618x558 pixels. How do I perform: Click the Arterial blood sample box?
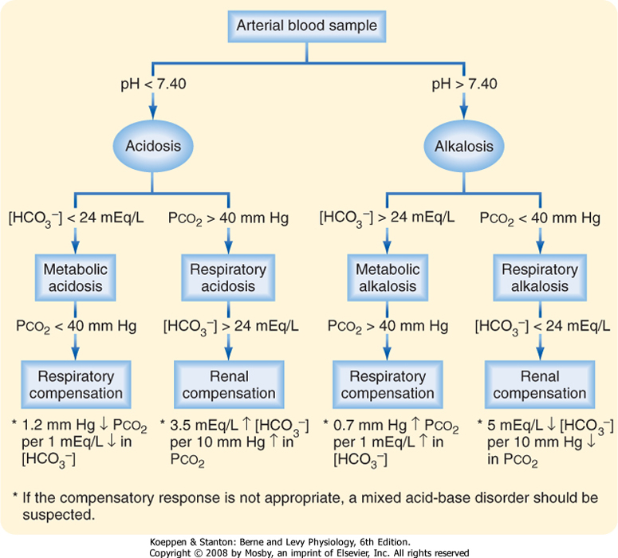pyautogui.click(x=306, y=26)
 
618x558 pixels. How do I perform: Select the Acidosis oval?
pyautogui.click(x=154, y=147)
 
